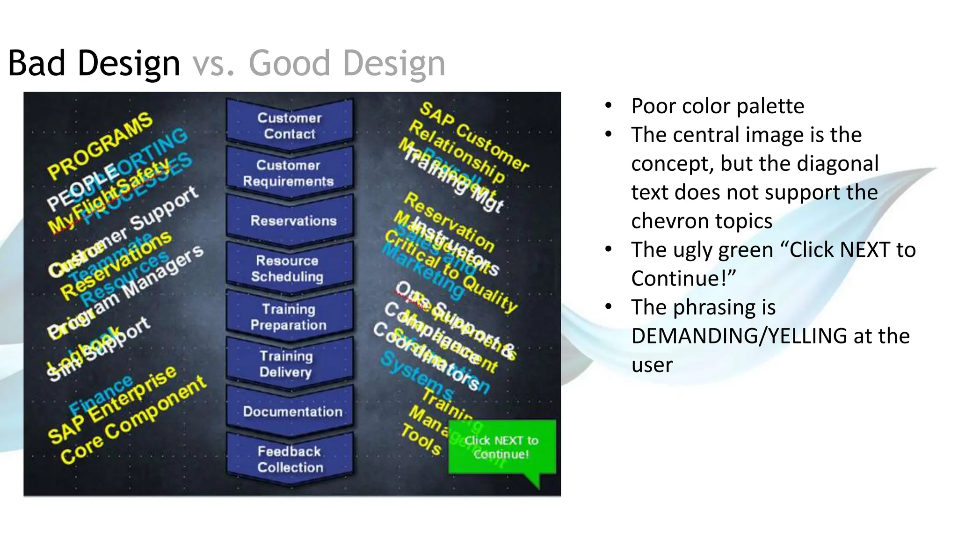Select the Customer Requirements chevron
(x=289, y=173)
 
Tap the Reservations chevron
(x=293, y=220)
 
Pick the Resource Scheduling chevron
(x=288, y=268)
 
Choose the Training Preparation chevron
(x=289, y=317)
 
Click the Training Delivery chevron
(x=286, y=364)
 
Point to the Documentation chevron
(x=292, y=411)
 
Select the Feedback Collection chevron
(x=290, y=459)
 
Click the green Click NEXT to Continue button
(x=501, y=447)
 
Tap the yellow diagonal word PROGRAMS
(x=100, y=146)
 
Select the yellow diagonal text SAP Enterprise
(x=112, y=405)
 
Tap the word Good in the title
(x=289, y=63)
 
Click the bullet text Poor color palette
(x=717, y=106)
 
